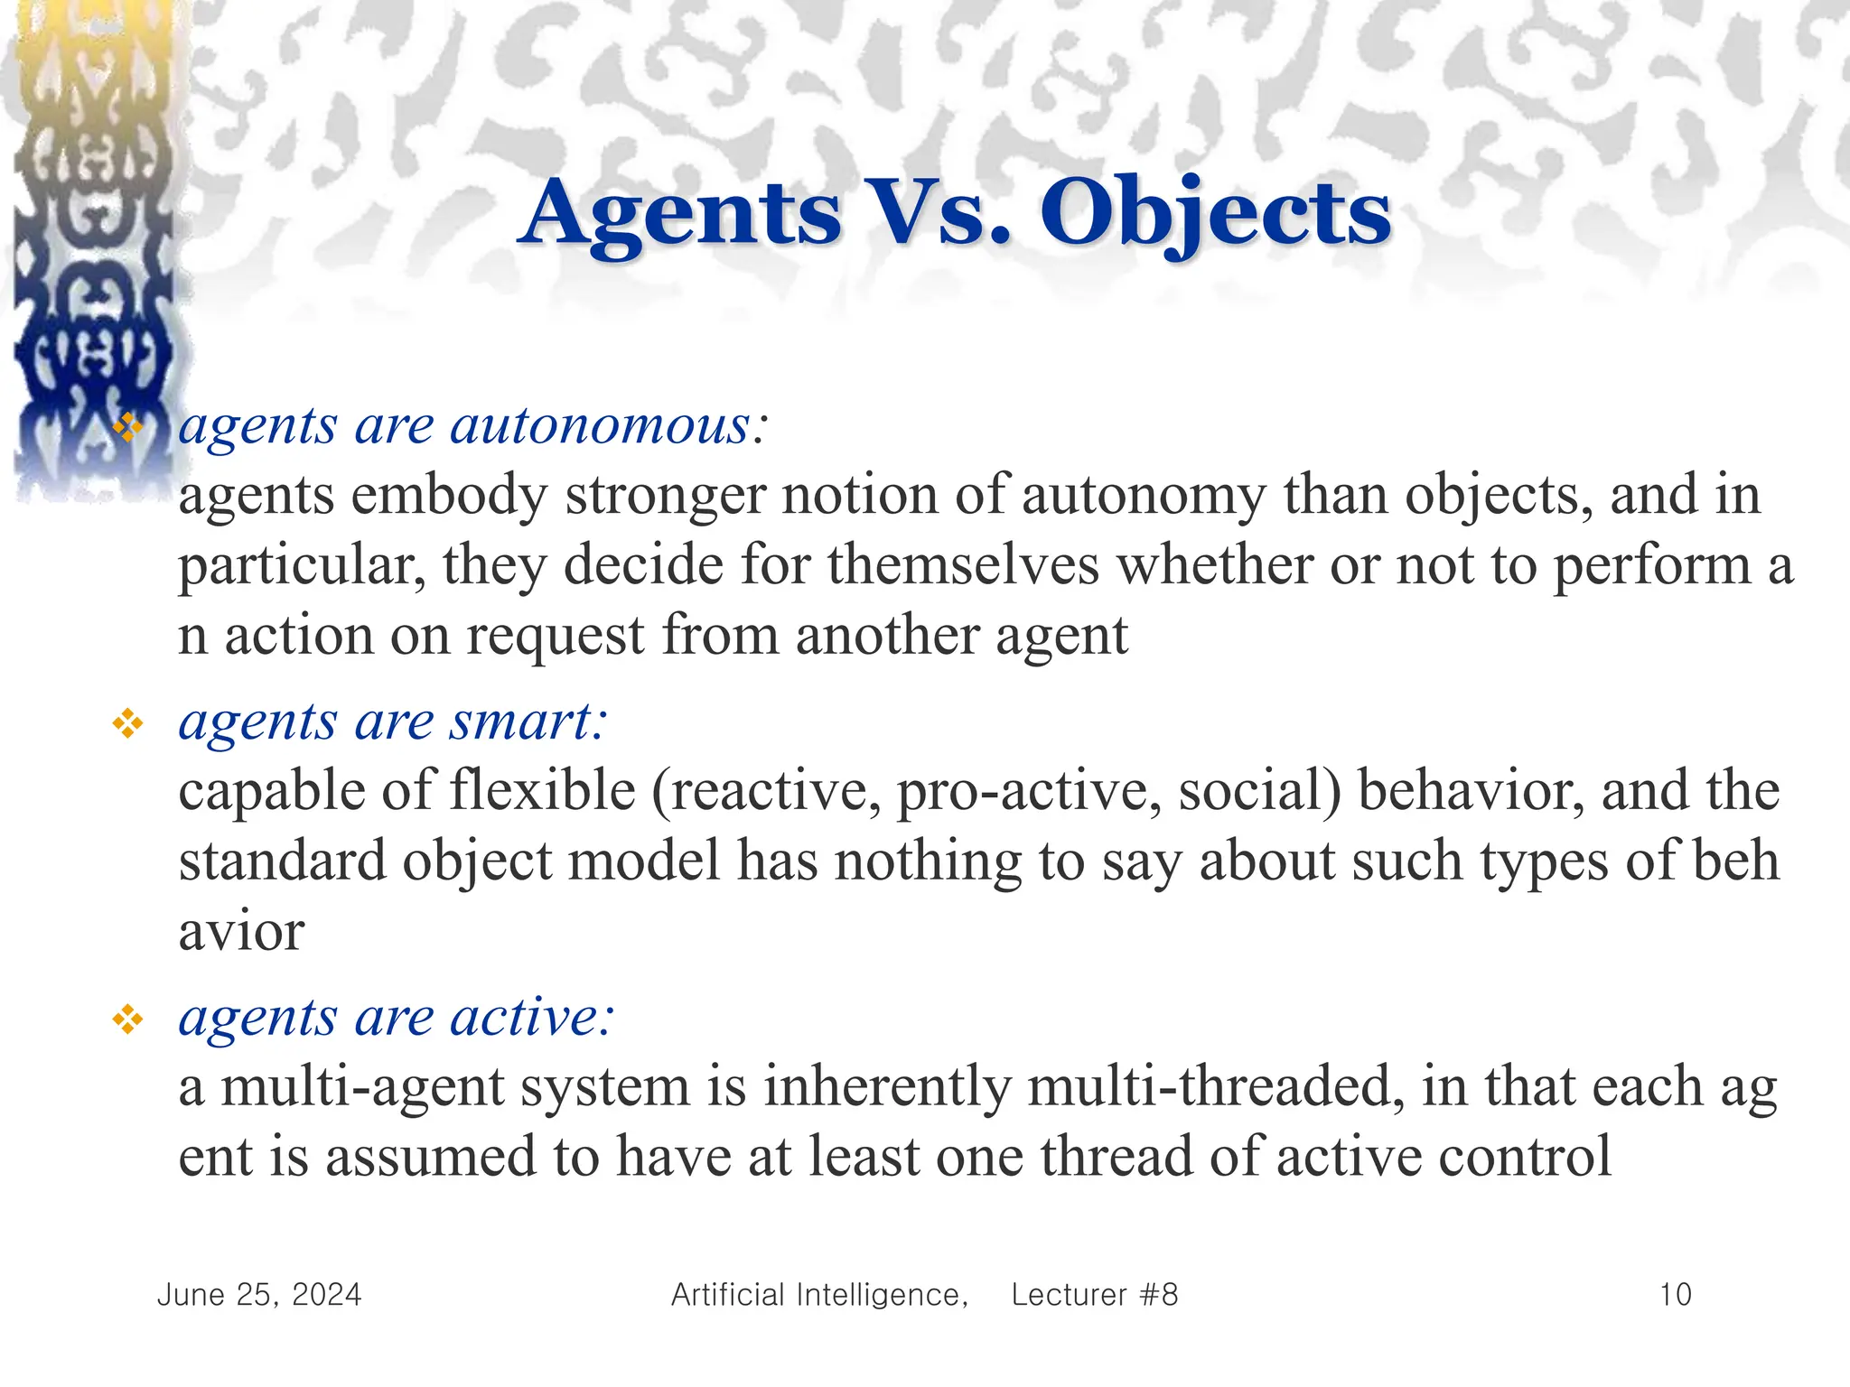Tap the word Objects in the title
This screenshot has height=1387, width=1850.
click(x=1215, y=213)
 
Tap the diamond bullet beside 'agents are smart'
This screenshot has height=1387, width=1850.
click(x=127, y=723)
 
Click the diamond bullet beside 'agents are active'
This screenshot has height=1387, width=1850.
click(x=127, y=1019)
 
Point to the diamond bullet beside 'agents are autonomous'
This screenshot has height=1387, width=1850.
click(x=127, y=427)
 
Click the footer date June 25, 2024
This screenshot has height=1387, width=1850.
click(x=259, y=1295)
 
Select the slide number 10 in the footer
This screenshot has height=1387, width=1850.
click(x=1675, y=1295)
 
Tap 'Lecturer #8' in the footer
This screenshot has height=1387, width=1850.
click(x=1095, y=1295)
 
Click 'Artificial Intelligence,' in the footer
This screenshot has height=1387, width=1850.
click(x=819, y=1295)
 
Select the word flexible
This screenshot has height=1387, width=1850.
click(x=545, y=791)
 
